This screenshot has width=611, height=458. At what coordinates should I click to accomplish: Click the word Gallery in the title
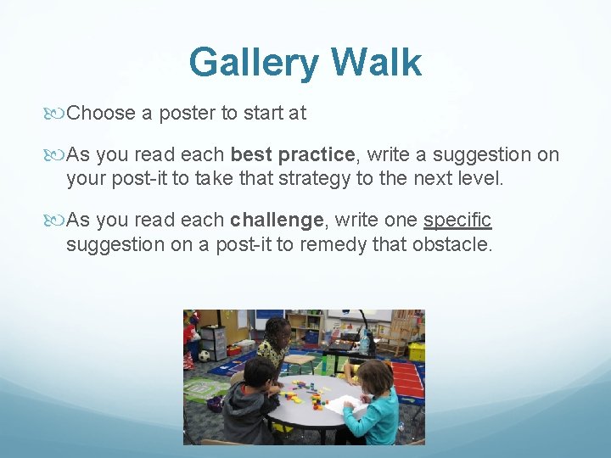tap(255, 62)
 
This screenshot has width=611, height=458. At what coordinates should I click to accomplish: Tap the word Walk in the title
tap(376, 62)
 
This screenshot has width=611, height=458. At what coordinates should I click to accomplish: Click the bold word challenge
tap(277, 221)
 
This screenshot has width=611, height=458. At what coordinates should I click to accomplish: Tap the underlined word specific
tap(457, 221)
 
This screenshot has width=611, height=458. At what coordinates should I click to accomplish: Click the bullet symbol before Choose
tap(59, 113)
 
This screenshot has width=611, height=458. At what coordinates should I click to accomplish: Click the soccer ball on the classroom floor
tap(204, 355)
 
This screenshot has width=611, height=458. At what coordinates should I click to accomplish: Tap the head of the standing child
tap(277, 331)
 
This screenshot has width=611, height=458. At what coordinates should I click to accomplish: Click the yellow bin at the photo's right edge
tap(417, 350)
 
